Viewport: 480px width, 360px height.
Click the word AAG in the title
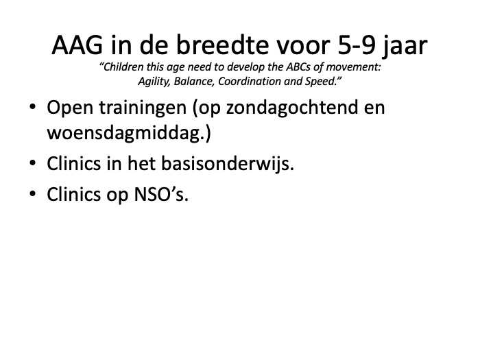coord(77,45)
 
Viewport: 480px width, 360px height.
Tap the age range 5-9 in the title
coord(357,45)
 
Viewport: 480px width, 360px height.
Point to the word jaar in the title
coord(405,47)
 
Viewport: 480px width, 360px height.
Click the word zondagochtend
coord(292,108)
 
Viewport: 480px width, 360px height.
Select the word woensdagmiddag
coord(125,134)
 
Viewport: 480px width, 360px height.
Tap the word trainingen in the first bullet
coord(143,108)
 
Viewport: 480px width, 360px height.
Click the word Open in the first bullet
coord(70,108)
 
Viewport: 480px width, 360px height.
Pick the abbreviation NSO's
coord(161,195)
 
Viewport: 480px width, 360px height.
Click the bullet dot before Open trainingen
coord(32,107)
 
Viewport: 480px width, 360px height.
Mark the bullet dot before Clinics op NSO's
coord(32,194)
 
